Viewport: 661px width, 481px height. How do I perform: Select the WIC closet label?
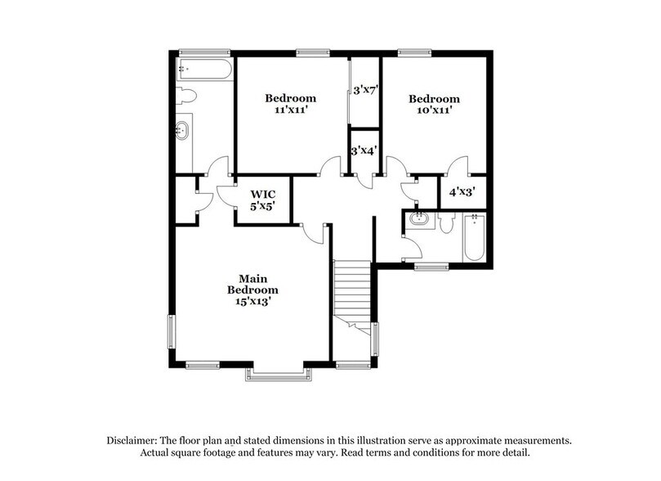(261, 194)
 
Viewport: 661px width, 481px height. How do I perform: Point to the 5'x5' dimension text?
(261, 207)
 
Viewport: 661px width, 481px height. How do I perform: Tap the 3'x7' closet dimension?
(364, 92)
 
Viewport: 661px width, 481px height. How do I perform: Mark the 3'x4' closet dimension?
(364, 151)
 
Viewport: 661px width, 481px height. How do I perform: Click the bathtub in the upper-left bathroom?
(203, 69)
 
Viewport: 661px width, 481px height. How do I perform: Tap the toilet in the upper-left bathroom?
(186, 96)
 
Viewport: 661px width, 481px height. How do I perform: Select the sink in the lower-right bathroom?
(419, 220)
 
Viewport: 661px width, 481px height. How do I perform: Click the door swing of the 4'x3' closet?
(458, 166)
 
